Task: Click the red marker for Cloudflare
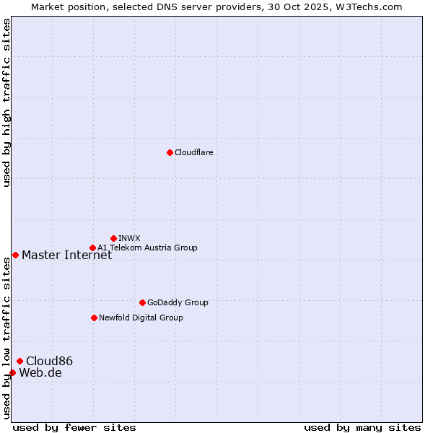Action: click(x=170, y=152)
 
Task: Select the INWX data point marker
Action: click(x=114, y=238)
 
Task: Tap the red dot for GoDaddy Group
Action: click(x=142, y=302)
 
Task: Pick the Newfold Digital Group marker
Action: click(x=94, y=318)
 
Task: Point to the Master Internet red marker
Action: click(x=15, y=255)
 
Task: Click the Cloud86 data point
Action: click(x=19, y=361)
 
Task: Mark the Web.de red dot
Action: click(x=12, y=372)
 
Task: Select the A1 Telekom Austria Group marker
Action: click(x=92, y=248)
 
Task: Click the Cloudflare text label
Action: click(x=193, y=152)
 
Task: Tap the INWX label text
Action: click(x=129, y=238)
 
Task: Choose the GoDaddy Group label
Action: click(x=178, y=302)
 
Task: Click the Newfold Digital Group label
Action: click(x=141, y=318)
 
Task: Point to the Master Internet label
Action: click(x=66, y=255)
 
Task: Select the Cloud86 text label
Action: click(x=49, y=361)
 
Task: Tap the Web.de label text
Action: click(x=40, y=372)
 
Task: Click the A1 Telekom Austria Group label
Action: click(x=147, y=248)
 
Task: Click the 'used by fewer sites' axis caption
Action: click(x=74, y=427)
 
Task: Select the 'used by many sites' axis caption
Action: click(x=362, y=427)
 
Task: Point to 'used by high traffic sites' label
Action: click(x=6, y=102)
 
